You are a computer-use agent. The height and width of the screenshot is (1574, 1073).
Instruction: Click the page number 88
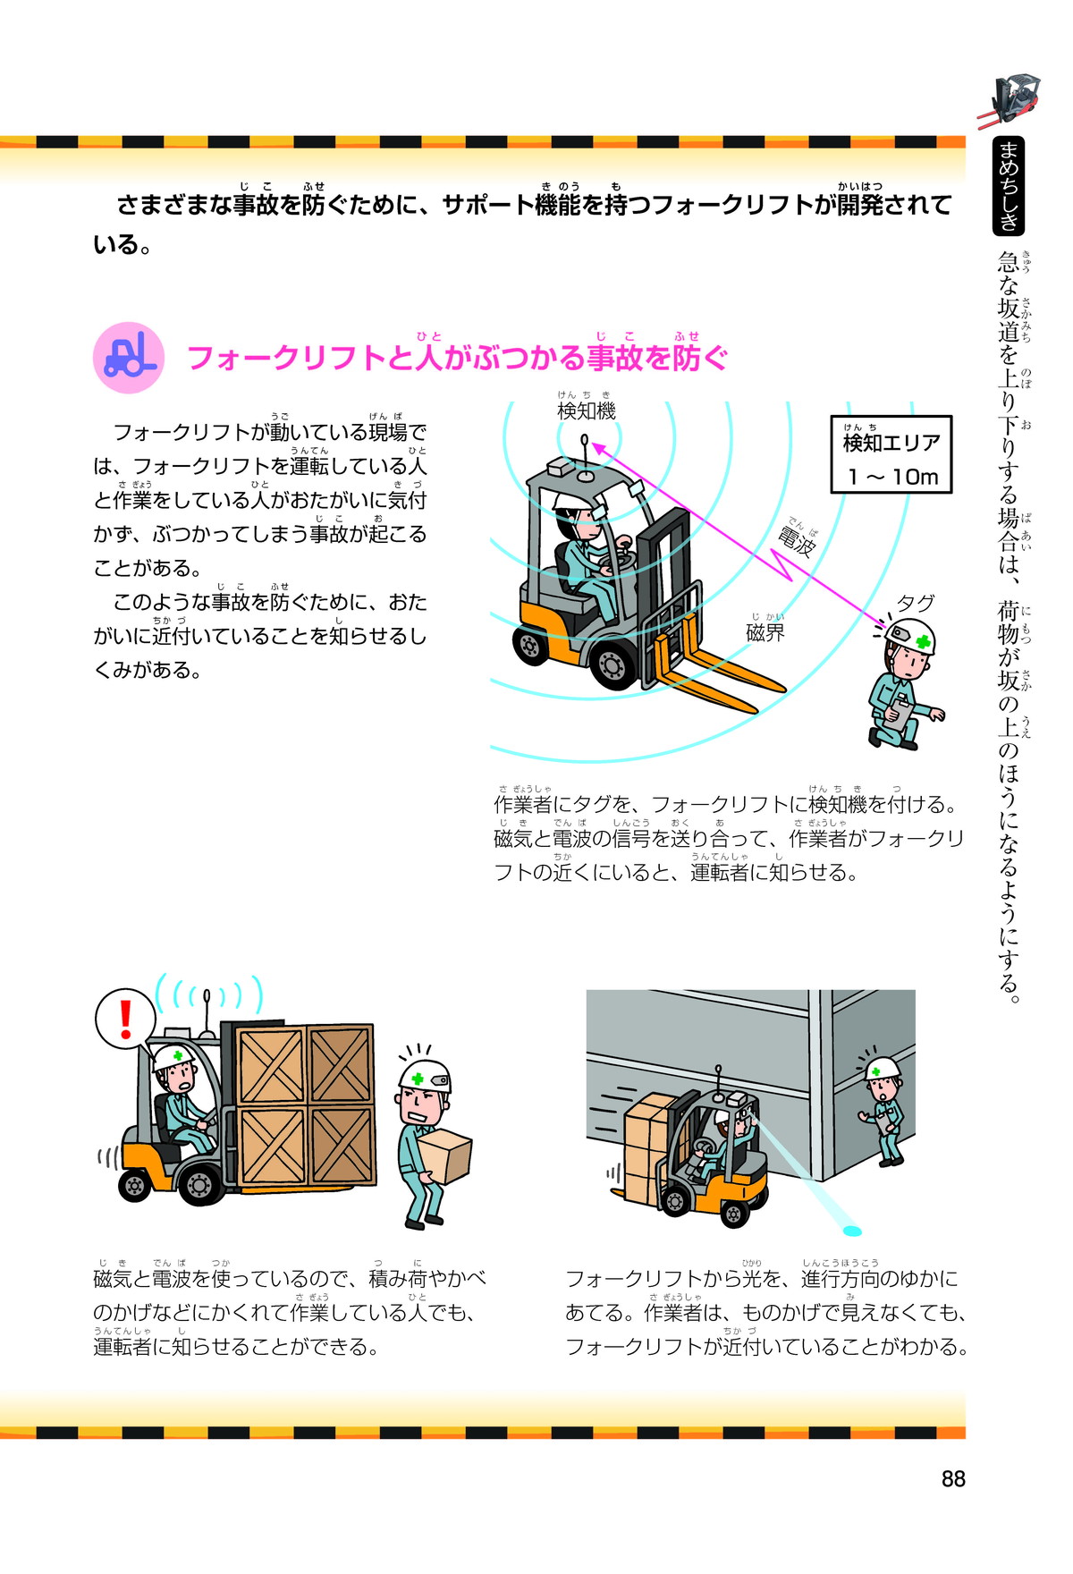[953, 1479]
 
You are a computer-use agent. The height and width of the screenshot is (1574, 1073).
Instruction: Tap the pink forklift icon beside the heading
[130, 358]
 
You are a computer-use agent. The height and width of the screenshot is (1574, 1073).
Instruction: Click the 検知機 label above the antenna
[587, 410]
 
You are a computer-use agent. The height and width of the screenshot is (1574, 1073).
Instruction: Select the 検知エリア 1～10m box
[891, 454]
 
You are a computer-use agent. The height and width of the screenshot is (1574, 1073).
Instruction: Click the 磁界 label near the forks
[765, 632]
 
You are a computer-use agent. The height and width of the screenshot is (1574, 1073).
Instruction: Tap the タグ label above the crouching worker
[916, 604]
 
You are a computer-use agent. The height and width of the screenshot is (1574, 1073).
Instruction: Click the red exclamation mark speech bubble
[126, 1019]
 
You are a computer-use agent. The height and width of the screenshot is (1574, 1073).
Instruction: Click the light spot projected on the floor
[852, 1231]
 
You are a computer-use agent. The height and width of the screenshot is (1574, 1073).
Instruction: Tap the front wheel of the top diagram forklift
[613, 665]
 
